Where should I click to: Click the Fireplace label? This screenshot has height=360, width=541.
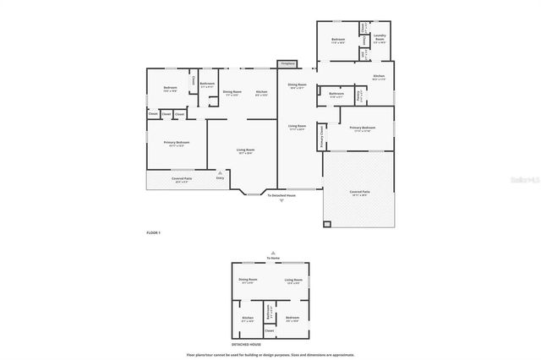(287, 63)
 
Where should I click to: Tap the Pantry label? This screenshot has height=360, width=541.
(359, 96)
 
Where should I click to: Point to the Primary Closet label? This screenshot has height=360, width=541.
(322, 134)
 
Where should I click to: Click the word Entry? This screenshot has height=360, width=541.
(221, 177)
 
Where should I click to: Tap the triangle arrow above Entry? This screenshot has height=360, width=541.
(221, 172)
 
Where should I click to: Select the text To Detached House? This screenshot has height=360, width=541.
(281, 195)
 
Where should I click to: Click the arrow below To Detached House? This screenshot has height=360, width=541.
(281, 201)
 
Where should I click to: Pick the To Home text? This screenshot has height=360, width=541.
(272, 257)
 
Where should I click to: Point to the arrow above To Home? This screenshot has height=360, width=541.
(272, 251)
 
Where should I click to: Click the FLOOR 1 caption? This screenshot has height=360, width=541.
(154, 232)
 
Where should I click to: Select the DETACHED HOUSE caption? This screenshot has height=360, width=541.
(246, 344)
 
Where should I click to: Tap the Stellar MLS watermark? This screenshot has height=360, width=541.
(522, 179)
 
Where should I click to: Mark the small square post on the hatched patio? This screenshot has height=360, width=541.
(327, 224)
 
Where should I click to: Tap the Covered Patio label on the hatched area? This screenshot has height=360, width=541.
(359, 192)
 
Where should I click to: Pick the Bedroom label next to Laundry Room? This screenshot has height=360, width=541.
(338, 40)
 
